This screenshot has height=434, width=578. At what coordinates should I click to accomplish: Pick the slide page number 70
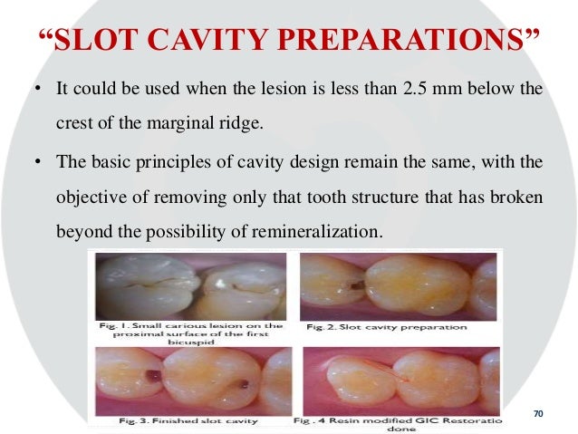coord(538,414)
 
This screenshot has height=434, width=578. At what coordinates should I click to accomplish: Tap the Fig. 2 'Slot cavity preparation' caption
coord(386,326)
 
